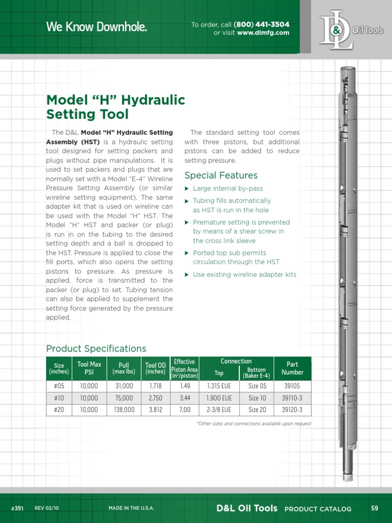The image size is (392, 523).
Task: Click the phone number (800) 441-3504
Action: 261,25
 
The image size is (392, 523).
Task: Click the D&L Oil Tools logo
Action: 350,30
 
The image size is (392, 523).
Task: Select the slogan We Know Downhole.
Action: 96,28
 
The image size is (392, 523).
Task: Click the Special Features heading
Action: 220,176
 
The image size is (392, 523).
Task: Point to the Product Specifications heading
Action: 96,349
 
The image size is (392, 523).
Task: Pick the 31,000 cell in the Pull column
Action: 124,386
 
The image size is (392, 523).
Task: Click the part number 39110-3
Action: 292,398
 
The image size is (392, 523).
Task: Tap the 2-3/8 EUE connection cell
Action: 219,410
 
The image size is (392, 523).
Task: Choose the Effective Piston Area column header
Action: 184,368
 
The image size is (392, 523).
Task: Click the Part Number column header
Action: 292,368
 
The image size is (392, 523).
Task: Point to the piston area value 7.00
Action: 185,410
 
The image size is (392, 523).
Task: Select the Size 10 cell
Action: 257,398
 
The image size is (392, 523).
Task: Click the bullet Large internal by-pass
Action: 228,188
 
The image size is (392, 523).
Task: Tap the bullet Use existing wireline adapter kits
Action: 244,275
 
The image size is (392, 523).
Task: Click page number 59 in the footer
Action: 375,508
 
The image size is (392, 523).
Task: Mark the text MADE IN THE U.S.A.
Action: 131,508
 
